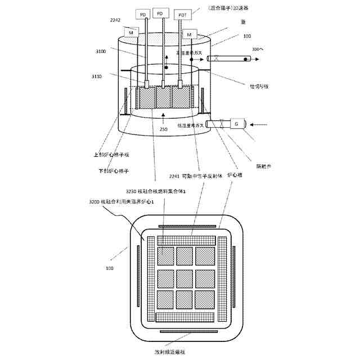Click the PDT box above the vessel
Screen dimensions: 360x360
coord(182,14)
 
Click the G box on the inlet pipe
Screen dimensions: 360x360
coord(236,123)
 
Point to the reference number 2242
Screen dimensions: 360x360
coord(115,20)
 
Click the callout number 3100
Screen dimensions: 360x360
coord(101,51)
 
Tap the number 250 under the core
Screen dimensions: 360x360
coord(164,129)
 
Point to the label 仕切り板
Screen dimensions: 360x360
coord(260,86)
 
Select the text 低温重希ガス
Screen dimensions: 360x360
coord(191,125)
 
